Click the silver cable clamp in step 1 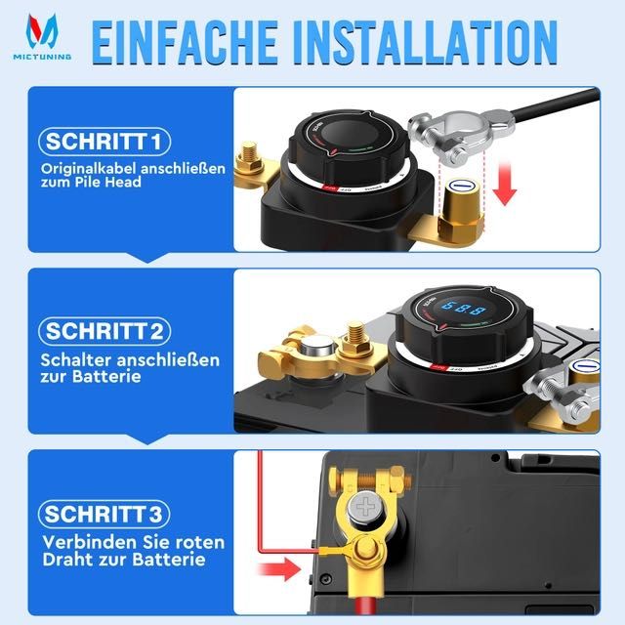tap(453, 137)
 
